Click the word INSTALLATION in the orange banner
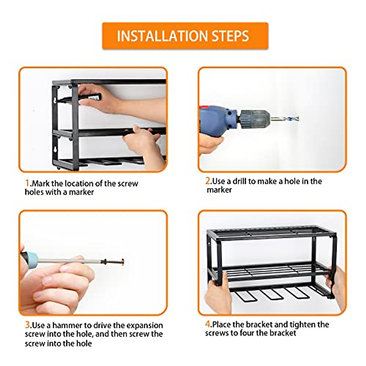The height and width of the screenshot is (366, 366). point(162,36)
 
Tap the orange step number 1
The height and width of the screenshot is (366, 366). point(27,183)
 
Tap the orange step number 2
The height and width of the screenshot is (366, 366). point(208,181)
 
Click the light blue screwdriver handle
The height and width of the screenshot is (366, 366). point(30,260)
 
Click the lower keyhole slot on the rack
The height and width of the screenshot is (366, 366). point(55,150)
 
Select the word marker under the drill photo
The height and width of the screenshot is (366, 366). point(219,190)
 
